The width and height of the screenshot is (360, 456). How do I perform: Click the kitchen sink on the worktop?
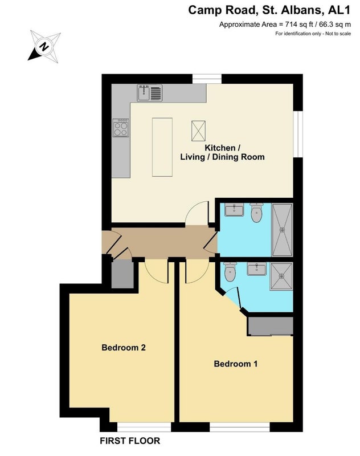click(149, 93)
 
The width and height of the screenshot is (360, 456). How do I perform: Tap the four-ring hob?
click(121, 128)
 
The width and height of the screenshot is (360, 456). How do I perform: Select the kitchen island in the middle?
click(162, 147)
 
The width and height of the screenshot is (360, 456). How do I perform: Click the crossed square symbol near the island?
click(198, 131)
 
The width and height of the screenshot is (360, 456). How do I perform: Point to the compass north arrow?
click(44, 47)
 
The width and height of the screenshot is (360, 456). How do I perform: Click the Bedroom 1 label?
click(236, 364)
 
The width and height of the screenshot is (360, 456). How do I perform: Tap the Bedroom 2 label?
click(124, 348)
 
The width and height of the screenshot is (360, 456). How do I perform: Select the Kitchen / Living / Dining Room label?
click(222, 152)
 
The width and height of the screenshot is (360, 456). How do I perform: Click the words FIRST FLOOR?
click(130, 441)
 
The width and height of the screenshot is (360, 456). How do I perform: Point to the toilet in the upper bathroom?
click(256, 213)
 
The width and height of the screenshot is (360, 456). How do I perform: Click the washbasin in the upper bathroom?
click(234, 210)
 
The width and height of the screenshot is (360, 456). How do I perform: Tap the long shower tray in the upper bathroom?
click(282, 230)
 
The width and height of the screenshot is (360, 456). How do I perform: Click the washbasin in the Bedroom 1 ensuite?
click(256, 268)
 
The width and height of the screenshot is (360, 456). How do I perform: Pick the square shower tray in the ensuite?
click(281, 276)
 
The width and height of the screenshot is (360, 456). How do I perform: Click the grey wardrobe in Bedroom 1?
click(270, 326)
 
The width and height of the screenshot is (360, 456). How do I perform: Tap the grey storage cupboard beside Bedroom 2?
click(122, 274)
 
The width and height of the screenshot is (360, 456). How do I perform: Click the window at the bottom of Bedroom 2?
click(144, 426)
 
